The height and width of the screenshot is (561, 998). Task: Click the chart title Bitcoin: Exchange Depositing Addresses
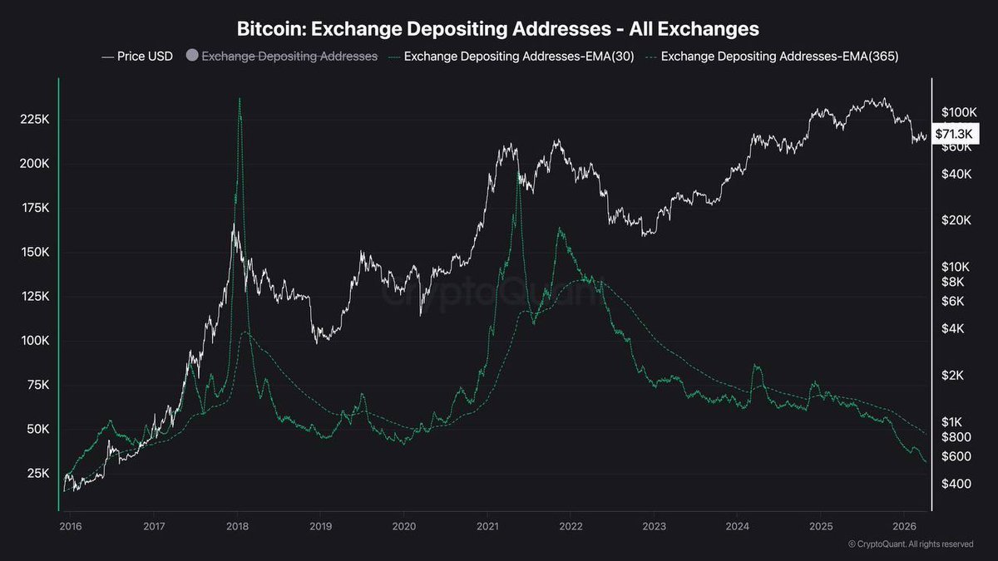[498, 29]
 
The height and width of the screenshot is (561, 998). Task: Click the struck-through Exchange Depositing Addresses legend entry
[289, 57]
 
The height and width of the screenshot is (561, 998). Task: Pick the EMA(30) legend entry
[513, 57]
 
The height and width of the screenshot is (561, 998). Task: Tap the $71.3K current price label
[956, 134]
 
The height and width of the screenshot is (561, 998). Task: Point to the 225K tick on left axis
[34, 120]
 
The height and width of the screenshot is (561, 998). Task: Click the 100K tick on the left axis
[34, 341]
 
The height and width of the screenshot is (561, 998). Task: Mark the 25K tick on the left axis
[37, 474]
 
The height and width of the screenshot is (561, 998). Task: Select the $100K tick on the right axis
[957, 112]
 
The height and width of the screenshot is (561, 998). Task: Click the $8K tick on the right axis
[952, 282]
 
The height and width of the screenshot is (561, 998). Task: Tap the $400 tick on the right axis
[954, 484]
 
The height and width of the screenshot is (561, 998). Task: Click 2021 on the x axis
[487, 526]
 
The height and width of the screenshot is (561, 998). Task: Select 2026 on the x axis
[904, 526]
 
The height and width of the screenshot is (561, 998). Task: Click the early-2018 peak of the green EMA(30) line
[240, 99]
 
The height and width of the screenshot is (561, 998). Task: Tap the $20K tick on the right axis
[954, 220]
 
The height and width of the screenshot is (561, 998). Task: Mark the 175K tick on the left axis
[34, 208]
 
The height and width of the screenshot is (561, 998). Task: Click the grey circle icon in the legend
[192, 57]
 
